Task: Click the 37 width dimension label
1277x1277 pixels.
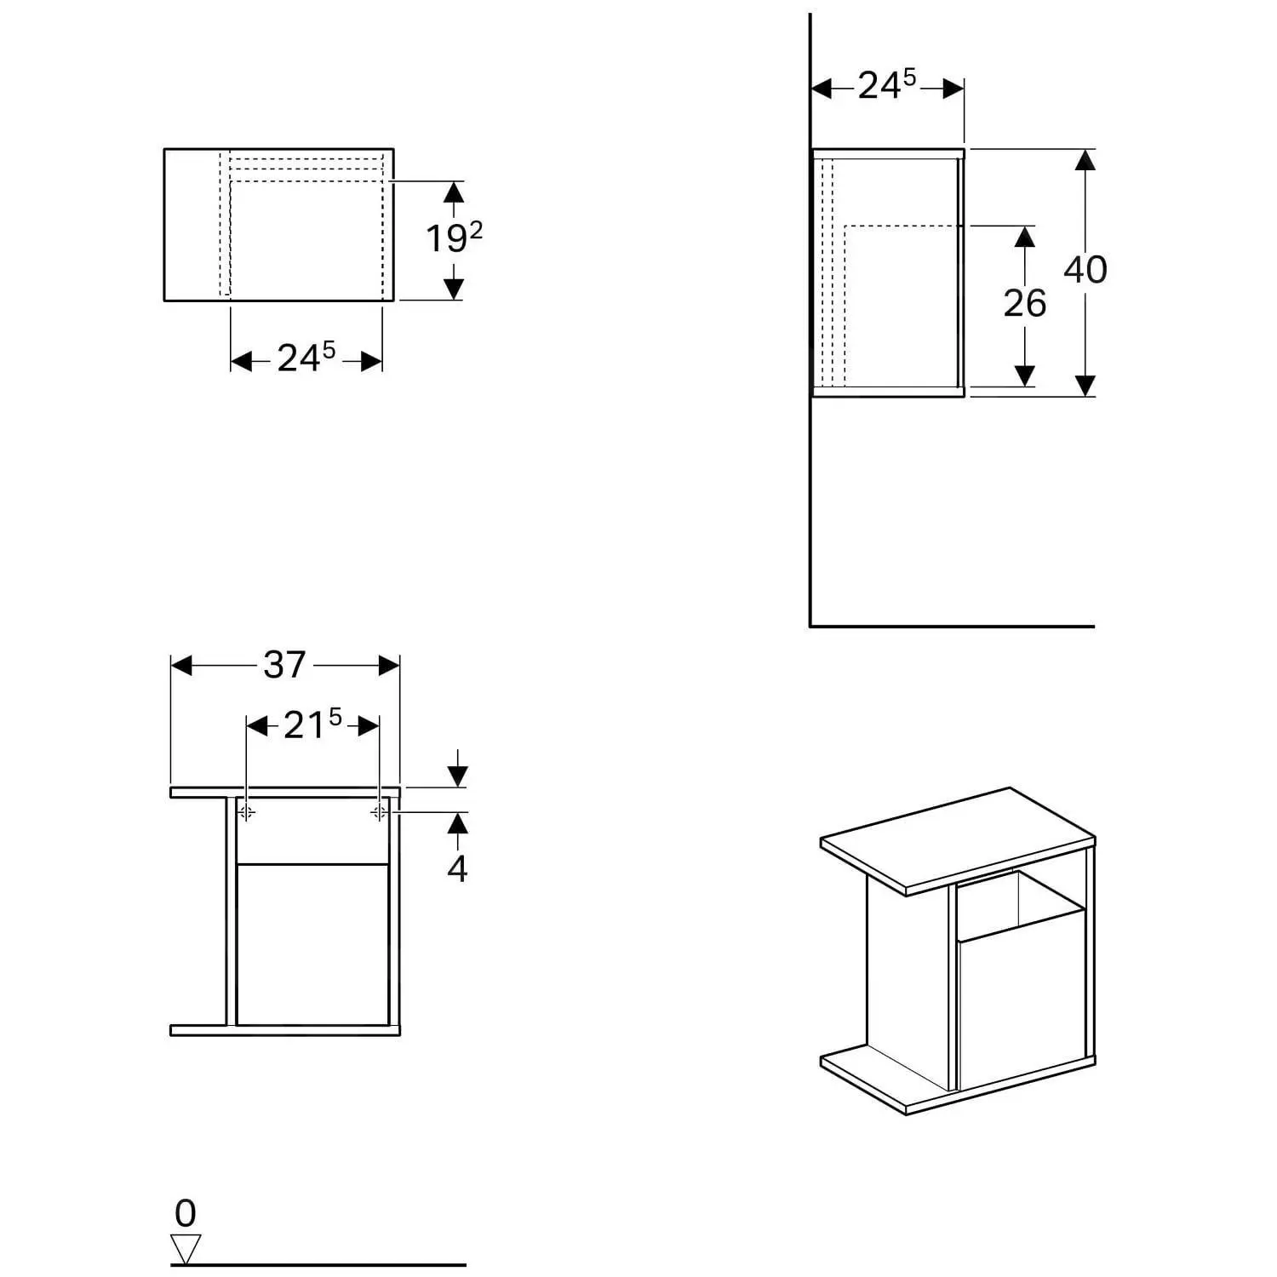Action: (x=284, y=665)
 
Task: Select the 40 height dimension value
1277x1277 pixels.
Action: (x=1085, y=270)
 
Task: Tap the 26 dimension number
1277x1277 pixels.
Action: (x=1024, y=304)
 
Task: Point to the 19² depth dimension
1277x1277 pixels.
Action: (x=454, y=238)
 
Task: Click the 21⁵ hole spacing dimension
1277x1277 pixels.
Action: (x=312, y=724)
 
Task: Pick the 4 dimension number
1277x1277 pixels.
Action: (x=457, y=869)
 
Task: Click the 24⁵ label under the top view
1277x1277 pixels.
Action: (x=306, y=358)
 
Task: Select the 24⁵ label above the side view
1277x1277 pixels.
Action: (x=886, y=85)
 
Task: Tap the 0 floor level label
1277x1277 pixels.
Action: (x=185, y=1213)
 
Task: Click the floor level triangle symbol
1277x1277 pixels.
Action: (x=186, y=1248)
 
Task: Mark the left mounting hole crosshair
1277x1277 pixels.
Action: (x=246, y=812)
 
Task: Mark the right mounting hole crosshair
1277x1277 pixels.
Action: (x=379, y=812)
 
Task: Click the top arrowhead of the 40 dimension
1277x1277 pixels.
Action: (x=1085, y=160)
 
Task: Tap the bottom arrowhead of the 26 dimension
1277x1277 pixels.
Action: (x=1025, y=375)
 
